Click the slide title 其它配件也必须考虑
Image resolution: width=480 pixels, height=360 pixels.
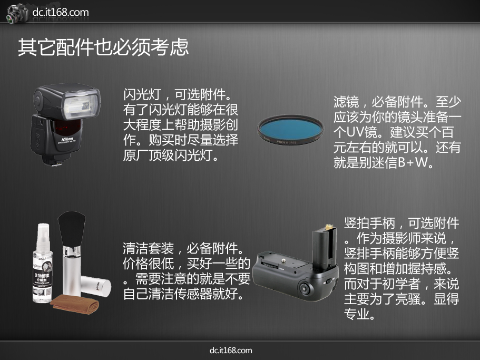103,47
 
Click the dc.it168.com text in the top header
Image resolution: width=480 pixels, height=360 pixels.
60,12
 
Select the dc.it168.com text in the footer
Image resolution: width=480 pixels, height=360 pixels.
231,351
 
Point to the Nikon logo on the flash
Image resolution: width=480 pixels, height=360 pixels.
67,139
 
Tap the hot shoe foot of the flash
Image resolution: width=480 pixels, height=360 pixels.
58,162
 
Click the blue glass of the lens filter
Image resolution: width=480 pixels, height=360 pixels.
290,129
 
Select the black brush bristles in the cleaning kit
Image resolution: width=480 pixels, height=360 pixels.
72,227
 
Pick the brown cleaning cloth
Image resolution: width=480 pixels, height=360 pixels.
75,304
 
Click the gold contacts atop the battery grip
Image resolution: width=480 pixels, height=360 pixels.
329,227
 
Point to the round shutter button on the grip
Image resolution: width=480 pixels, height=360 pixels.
304,288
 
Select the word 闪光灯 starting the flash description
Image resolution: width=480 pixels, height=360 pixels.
142,94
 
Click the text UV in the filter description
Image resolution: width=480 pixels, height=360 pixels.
355,132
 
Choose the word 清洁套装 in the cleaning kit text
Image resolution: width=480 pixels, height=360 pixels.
148,248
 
